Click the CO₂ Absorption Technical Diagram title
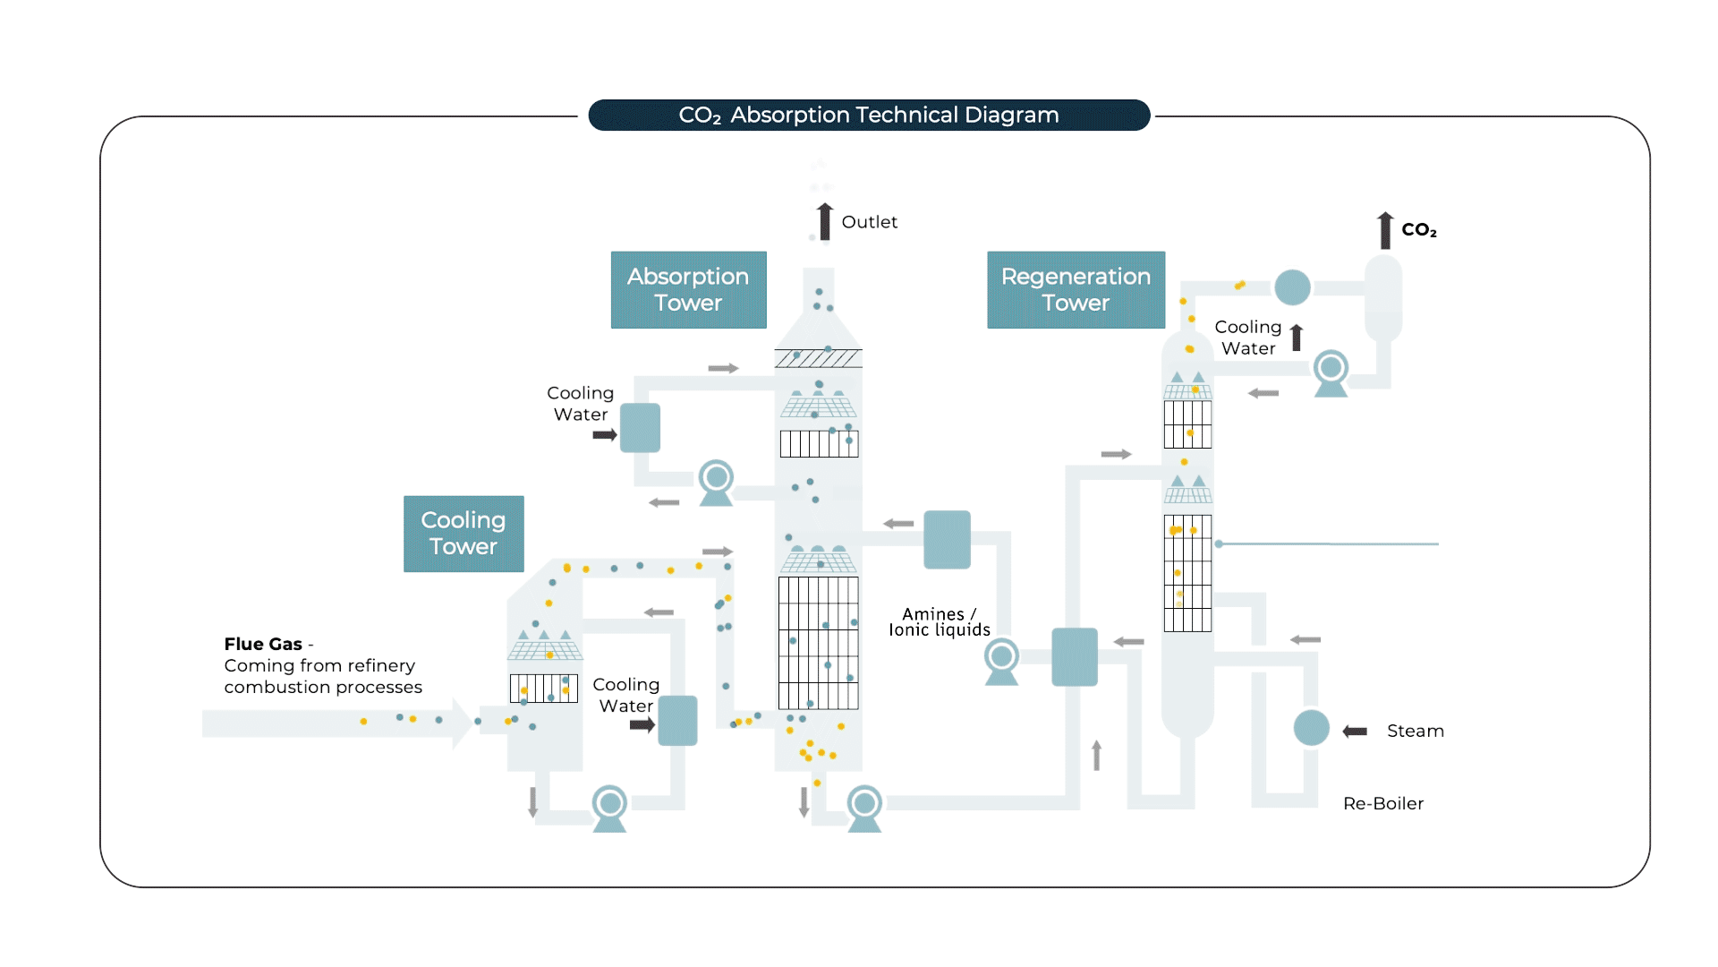868,115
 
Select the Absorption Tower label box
688,289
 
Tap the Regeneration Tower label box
1076,289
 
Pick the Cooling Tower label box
464,534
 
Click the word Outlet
869,222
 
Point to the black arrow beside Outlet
824,221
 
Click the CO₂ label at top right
1418,230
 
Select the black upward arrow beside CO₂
1385,230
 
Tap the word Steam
1415,731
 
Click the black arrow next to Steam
1355,732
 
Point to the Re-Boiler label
1382,803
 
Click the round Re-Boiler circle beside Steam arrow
1311,728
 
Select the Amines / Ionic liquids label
939,621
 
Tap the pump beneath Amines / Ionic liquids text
1001,661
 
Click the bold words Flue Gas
262,644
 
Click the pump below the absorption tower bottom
864,807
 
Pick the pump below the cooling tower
609,807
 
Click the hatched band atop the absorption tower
818,359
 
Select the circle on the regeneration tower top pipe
1292,287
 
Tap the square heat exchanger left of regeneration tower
1074,656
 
